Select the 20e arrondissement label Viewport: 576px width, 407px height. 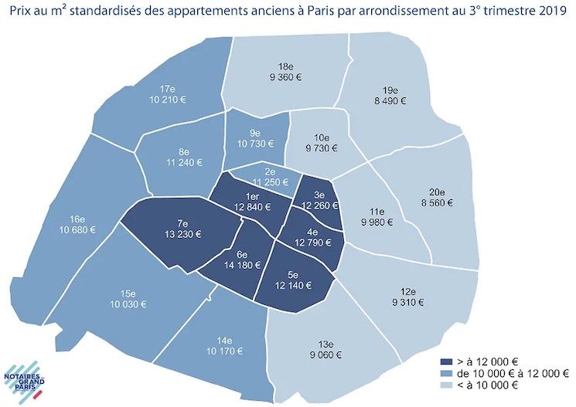pos(437,192)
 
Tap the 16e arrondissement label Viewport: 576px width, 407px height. pos(77,219)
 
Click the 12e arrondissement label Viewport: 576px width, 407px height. pos(409,292)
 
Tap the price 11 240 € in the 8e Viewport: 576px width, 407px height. pos(183,162)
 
